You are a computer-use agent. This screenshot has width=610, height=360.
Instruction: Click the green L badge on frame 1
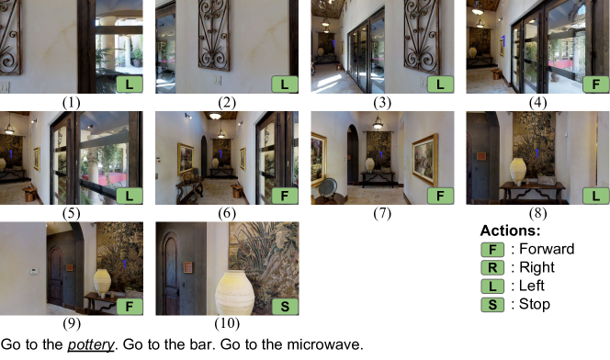pyautogui.click(x=130, y=84)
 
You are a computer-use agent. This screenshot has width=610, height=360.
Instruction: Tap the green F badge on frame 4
pyautogui.click(x=595, y=84)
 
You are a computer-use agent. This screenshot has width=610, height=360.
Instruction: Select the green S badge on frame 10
pyautogui.click(x=285, y=307)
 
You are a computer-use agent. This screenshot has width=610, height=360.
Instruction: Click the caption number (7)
pyautogui.click(x=382, y=213)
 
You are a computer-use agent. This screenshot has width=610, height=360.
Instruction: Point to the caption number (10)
pyautogui.click(x=227, y=323)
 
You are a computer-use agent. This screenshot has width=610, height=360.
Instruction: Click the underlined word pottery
pyautogui.click(x=91, y=344)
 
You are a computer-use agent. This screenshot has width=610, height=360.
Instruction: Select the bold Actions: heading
pyautogui.click(x=511, y=231)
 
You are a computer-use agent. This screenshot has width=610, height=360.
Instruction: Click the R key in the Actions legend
pyautogui.click(x=492, y=268)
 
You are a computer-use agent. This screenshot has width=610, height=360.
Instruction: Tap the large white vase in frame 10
pyautogui.click(x=235, y=293)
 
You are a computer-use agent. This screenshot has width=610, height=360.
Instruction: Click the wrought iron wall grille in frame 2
pyautogui.click(x=213, y=35)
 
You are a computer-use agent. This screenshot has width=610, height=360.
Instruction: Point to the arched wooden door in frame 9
pyautogui.click(x=55, y=276)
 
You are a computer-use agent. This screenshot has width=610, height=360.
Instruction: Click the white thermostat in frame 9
pyautogui.click(x=34, y=271)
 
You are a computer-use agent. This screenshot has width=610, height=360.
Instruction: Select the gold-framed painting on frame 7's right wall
pyautogui.click(x=424, y=159)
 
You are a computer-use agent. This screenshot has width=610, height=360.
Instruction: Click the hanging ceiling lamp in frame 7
pyautogui.click(x=378, y=123)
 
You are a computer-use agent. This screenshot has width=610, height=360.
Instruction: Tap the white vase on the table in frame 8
pyautogui.click(x=518, y=171)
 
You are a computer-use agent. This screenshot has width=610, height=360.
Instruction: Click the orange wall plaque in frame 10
pyautogui.click(x=188, y=267)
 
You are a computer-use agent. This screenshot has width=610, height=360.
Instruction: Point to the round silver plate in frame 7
pyautogui.click(x=328, y=186)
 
